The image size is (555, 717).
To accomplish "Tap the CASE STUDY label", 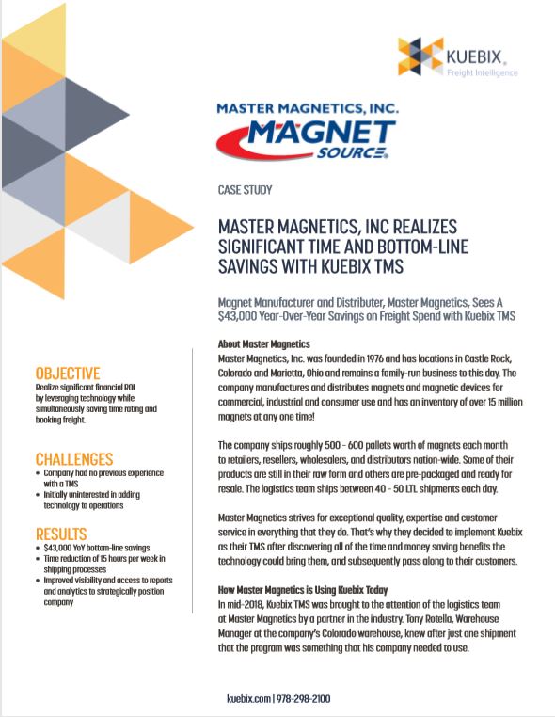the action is click(245, 190).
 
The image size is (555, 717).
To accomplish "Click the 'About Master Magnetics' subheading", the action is click(263, 344).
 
